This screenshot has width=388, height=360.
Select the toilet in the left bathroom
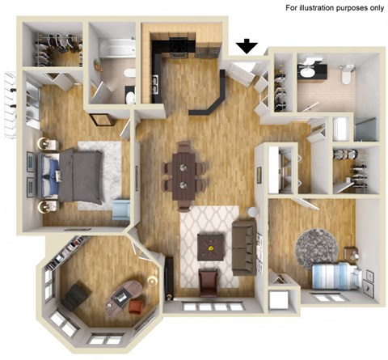130,96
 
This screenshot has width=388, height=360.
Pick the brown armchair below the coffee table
209,281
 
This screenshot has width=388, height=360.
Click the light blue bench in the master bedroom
121,210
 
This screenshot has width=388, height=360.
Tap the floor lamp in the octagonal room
152,282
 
